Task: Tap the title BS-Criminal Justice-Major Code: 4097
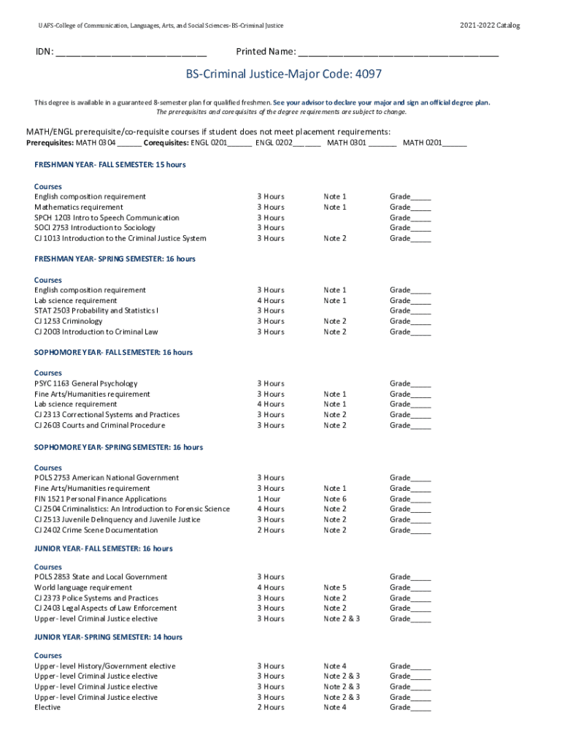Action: (283, 75)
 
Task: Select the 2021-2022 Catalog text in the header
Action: (490, 26)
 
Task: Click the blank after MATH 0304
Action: (129, 144)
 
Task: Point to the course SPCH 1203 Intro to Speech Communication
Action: (107, 218)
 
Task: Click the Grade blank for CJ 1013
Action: (420, 239)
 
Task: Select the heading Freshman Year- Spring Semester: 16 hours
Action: (115, 259)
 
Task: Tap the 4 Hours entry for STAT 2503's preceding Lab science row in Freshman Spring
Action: (270, 300)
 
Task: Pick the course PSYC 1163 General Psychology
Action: (85, 383)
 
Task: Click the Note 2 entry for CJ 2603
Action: (335, 425)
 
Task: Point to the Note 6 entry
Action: (335, 499)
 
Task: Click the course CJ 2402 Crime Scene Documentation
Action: (95, 530)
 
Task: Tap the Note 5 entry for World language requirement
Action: (335, 587)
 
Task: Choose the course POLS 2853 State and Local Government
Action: (101, 577)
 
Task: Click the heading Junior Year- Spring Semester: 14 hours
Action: (108, 637)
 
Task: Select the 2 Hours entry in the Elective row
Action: (270, 707)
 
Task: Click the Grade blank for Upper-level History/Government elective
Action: (420, 666)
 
